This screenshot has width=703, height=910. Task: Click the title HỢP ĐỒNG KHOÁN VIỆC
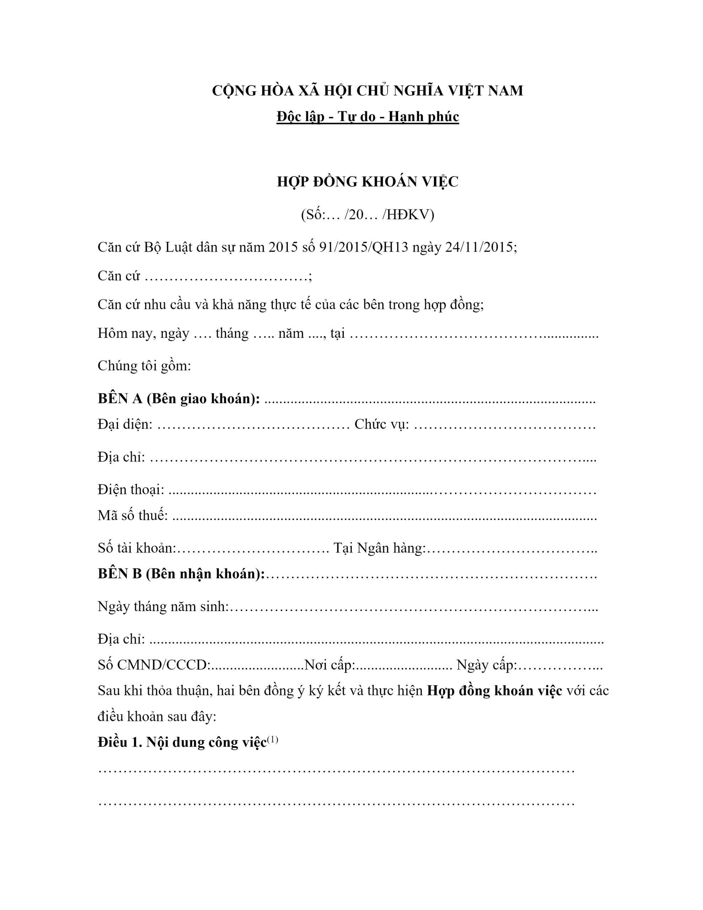(367, 182)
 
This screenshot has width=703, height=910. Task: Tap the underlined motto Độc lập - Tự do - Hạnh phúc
(367, 117)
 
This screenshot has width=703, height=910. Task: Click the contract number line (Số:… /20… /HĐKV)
(367, 215)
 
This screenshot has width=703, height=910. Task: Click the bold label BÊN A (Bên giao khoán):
(179, 399)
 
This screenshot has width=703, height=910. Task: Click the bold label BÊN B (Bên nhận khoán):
(181, 574)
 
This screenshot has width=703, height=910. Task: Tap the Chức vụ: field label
(381, 424)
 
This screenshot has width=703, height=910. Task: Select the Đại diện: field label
(125, 424)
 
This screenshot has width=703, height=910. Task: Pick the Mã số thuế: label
(133, 515)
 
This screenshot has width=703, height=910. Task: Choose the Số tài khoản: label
(137, 548)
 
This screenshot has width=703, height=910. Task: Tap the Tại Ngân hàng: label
(379, 548)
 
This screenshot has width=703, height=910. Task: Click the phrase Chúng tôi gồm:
(144, 365)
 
